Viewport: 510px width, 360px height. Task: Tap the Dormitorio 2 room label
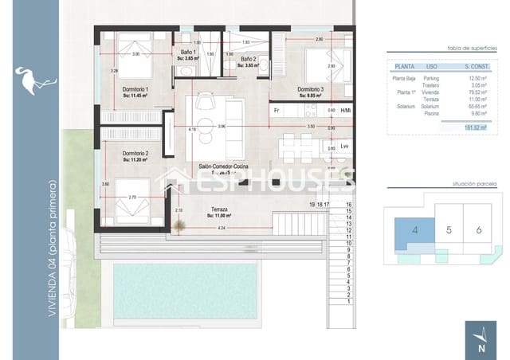[136, 153]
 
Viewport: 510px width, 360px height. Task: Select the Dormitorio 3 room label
[310, 89]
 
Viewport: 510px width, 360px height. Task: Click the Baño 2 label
[249, 59]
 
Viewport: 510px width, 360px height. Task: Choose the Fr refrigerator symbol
[277, 110]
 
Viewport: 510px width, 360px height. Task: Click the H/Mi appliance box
[345, 110]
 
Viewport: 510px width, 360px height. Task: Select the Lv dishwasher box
[344, 147]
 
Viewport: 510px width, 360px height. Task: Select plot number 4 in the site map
[415, 230]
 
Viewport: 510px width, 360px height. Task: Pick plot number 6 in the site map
[478, 230]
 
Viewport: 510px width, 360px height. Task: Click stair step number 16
[349, 204]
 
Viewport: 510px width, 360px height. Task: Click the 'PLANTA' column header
[404, 66]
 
